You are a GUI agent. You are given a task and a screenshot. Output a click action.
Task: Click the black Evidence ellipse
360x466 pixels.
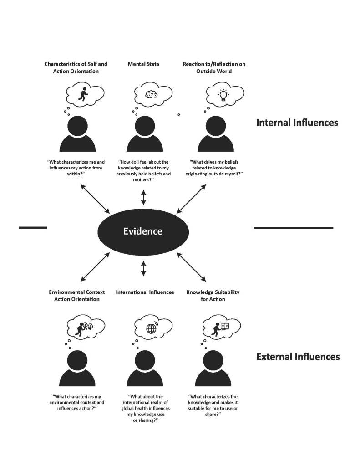pyautogui.click(x=143, y=231)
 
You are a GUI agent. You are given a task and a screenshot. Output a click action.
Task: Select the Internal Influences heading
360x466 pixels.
pyautogui.click(x=297, y=123)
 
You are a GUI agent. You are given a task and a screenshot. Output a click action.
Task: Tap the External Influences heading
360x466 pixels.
pyautogui.click(x=298, y=357)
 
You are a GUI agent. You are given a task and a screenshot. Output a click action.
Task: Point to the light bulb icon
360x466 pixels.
pyautogui.click(x=223, y=95)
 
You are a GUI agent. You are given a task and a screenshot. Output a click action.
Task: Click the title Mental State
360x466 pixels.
pyautogui.click(x=143, y=64)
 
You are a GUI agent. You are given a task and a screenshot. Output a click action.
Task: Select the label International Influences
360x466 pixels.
pyautogui.click(x=145, y=292)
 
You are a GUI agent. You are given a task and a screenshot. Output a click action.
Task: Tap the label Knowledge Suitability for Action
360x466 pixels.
pyautogui.click(x=213, y=295)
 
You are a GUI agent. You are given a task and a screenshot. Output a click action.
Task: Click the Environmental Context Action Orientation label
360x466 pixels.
pyautogui.click(x=77, y=295)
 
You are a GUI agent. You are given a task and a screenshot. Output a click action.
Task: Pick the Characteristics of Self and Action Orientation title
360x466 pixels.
pyautogui.click(x=76, y=67)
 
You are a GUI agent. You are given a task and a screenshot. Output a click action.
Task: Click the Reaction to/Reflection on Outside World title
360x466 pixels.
pyautogui.click(x=214, y=67)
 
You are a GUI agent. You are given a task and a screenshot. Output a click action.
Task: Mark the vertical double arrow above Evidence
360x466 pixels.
pyautogui.click(x=143, y=198)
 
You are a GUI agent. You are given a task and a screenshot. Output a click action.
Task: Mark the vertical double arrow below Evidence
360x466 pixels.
pyautogui.click(x=143, y=268)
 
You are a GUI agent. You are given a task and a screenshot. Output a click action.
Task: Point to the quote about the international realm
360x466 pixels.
pyautogui.click(x=145, y=408)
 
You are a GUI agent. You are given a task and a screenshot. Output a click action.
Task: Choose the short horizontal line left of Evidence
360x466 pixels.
pyautogui.click(x=33, y=227)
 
